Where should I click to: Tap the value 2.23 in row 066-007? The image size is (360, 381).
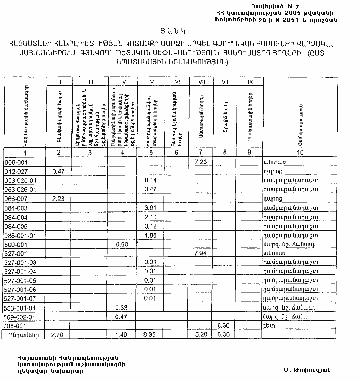tap(59, 199)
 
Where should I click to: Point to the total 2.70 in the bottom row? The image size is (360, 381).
tap(59, 334)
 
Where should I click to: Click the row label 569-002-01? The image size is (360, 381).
tap(19, 316)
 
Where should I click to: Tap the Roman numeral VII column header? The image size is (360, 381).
tap(201, 81)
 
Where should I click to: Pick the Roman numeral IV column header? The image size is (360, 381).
tap(123, 81)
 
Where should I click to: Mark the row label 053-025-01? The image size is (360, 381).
tap(19, 180)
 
